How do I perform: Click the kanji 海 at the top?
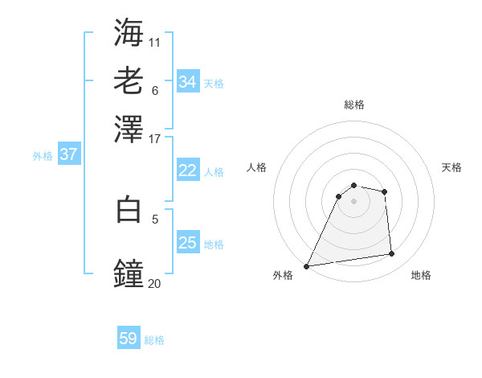(129, 33)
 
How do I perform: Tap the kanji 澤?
(129, 129)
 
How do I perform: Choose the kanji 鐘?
(129, 274)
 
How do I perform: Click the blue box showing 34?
(188, 82)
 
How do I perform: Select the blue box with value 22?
(187, 171)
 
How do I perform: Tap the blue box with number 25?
(187, 243)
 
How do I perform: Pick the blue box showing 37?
(68, 154)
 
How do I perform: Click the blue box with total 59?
(129, 339)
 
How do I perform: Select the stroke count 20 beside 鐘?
(154, 282)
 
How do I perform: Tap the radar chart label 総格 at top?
(353, 105)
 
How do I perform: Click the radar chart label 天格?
(451, 167)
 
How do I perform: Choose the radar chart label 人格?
(256, 167)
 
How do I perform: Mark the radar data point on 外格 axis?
(306, 266)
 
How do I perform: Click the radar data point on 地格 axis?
(392, 254)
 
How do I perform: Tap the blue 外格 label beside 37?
(43, 156)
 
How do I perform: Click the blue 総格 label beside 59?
(154, 340)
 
